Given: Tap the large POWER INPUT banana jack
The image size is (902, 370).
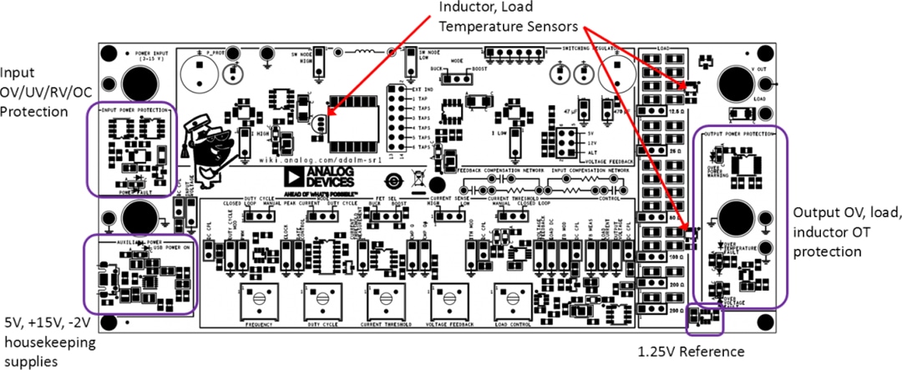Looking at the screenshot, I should [x=134, y=84].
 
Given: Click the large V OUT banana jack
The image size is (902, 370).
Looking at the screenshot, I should [x=736, y=84].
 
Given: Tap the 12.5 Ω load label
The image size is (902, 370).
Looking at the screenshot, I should [x=654, y=110].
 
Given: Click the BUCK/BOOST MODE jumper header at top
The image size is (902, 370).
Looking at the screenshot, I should [x=452, y=78].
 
